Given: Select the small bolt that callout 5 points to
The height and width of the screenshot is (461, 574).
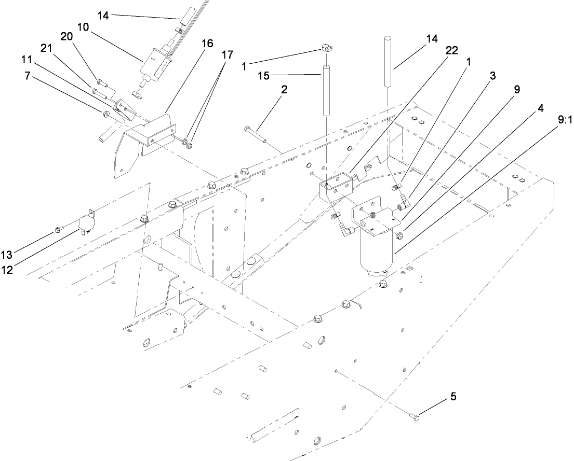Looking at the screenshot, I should pos(414,416).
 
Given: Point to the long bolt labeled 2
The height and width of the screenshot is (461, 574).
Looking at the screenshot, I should pos(254,134).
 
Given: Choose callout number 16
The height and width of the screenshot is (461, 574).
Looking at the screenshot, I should pos(207,44).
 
